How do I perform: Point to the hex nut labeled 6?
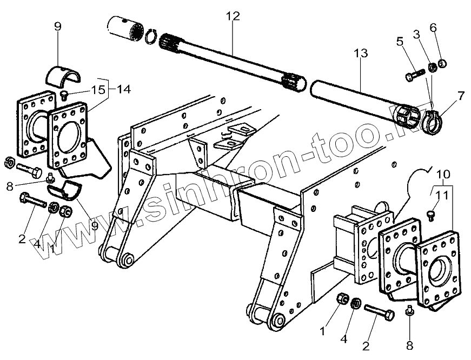(x=442, y=65)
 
